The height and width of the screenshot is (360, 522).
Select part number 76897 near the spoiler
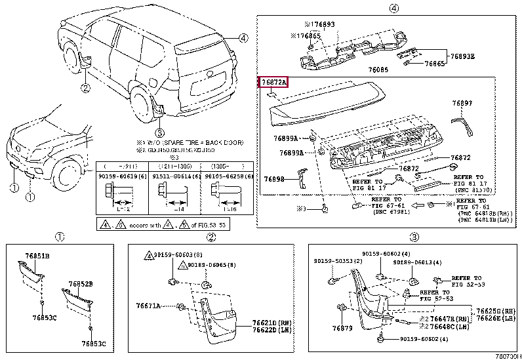462,104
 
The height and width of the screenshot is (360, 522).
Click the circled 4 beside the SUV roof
243,38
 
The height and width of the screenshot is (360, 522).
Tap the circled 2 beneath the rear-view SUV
85,87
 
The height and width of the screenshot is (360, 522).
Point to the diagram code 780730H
507,355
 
